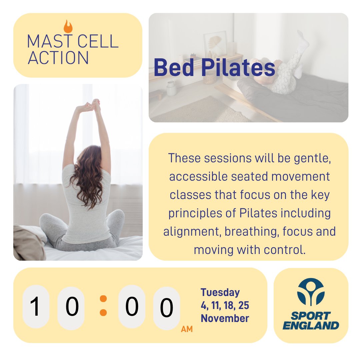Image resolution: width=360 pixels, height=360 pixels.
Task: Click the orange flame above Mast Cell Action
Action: (x=68, y=26)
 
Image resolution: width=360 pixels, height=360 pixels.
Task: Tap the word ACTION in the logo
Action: (x=58, y=57)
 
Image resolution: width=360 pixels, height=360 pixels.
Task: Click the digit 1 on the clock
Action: (x=36, y=307)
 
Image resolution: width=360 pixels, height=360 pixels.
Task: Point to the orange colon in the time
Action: (x=103, y=305)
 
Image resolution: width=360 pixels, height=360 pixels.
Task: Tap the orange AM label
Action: (x=187, y=329)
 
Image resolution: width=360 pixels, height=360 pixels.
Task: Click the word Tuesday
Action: (x=220, y=292)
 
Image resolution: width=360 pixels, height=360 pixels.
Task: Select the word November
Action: (x=225, y=318)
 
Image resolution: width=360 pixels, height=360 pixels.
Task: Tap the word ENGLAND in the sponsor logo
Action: (x=311, y=325)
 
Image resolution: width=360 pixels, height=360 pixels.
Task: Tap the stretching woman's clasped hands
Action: (x=91, y=106)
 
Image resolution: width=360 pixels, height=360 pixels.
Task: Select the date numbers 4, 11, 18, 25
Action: (x=225, y=305)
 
